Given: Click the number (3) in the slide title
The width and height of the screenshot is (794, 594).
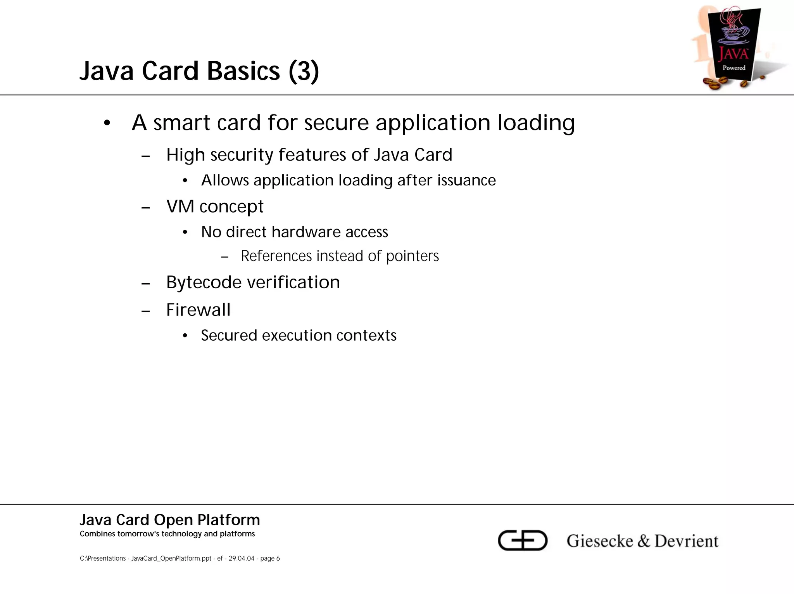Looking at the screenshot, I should coord(304,71).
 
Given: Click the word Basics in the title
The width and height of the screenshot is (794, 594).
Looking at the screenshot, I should coord(243,71).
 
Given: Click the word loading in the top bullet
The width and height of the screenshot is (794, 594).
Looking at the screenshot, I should coord(536,124).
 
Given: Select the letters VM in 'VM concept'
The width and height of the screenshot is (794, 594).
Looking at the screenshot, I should coord(180,206).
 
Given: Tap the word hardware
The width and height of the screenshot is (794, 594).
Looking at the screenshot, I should coord(306,232).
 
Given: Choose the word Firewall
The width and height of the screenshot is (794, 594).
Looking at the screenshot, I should coord(198,310).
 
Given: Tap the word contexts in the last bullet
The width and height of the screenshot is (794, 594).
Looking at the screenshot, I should coord(372,336).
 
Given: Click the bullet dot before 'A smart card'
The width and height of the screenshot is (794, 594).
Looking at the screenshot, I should coord(107,124).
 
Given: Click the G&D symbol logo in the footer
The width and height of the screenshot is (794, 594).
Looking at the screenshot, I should coord(522,540).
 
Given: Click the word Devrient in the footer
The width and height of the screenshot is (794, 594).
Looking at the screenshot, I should coord(686,541).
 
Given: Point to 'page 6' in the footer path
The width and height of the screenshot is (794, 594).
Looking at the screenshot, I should coord(270,558).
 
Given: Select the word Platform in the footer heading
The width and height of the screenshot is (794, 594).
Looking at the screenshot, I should coord(228,520).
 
